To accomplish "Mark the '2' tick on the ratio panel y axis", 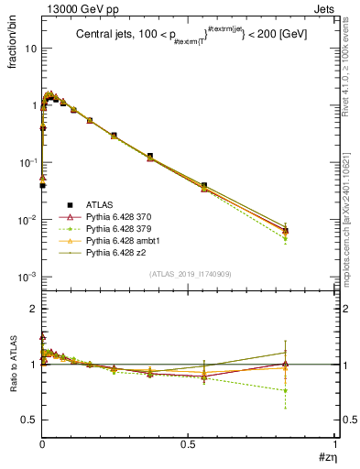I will coord(33,309).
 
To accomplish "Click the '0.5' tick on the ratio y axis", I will coord(29,420).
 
